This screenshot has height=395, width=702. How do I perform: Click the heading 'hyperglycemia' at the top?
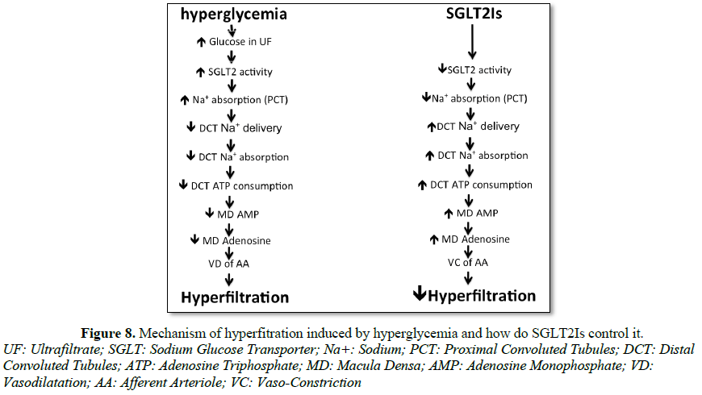(234, 15)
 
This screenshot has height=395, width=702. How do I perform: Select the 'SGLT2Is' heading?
(474, 14)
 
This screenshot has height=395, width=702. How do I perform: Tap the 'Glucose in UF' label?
(240, 42)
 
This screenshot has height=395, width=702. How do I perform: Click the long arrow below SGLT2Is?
(472, 42)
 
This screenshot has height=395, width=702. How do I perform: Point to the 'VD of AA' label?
(228, 264)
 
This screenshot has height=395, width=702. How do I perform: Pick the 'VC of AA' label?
(468, 263)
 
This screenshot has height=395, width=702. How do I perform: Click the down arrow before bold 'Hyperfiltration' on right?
(419, 293)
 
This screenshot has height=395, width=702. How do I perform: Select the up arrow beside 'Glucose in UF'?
(202, 42)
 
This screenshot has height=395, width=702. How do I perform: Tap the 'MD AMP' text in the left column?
(238, 214)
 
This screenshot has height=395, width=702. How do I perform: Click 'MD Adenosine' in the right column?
(475, 239)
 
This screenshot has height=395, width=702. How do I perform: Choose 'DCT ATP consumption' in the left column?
(242, 186)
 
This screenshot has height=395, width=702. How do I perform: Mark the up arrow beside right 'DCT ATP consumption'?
(422, 185)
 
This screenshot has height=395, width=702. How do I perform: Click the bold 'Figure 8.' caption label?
(108, 333)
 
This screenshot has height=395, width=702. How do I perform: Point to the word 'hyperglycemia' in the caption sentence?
(415, 333)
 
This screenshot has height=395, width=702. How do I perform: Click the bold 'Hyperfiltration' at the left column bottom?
(235, 297)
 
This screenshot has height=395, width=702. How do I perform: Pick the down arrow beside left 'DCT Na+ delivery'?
(191, 127)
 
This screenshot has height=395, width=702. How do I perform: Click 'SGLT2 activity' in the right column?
(479, 70)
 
